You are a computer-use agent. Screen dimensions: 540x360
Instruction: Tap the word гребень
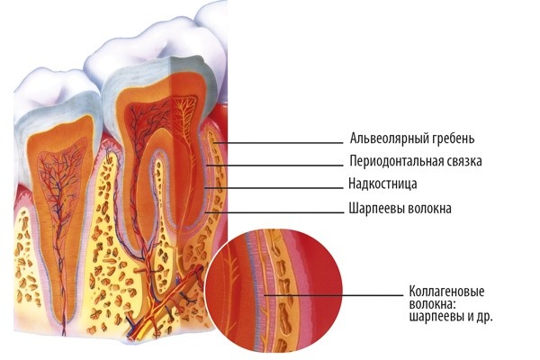(x=452, y=139)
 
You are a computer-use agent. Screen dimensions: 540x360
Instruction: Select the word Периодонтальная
(x=394, y=161)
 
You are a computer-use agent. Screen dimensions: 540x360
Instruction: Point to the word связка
(x=463, y=161)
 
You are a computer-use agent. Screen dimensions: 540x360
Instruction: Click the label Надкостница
(x=382, y=184)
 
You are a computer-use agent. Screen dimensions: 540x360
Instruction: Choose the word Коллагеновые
(x=446, y=292)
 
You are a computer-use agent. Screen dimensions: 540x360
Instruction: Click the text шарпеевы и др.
(x=451, y=317)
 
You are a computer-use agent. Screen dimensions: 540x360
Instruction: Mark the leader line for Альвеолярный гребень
(x=278, y=142)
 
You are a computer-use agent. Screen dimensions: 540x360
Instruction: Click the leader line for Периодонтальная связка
(x=274, y=166)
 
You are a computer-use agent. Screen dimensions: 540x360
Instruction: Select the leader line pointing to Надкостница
(x=274, y=188)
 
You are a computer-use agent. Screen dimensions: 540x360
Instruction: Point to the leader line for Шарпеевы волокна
(x=274, y=212)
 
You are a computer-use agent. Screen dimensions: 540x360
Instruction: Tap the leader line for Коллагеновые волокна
(x=333, y=295)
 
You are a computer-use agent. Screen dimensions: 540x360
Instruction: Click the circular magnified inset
(x=274, y=291)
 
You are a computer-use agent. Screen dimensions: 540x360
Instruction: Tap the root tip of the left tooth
(x=64, y=331)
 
